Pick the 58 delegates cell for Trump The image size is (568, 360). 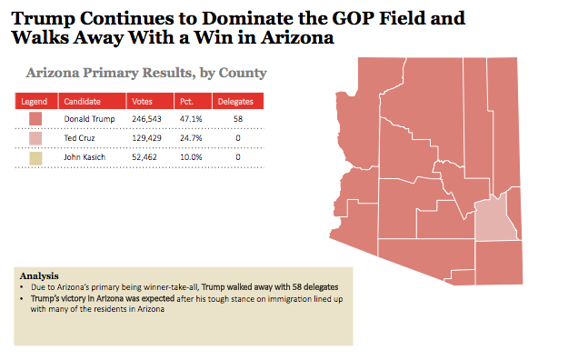click(237, 119)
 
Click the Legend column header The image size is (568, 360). click(35, 101)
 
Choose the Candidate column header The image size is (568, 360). click(83, 101)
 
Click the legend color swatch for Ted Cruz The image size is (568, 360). click(35, 138)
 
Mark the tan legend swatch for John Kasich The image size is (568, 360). click(35, 157)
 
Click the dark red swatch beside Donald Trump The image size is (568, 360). click(35, 119)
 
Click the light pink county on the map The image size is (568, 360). click(494, 218)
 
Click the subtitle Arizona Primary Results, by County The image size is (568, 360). click(146, 73)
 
